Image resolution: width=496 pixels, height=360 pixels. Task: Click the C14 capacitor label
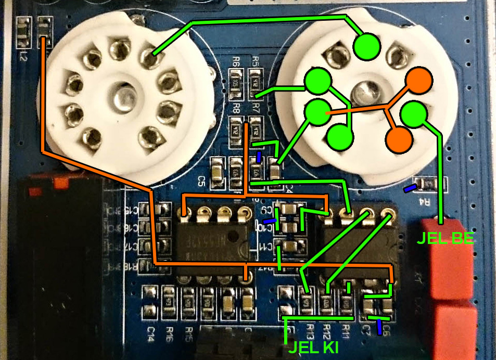click(x=151, y=331)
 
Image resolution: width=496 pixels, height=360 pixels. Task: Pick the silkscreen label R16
click(x=170, y=331)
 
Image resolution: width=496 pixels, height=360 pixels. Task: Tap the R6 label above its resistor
click(x=235, y=61)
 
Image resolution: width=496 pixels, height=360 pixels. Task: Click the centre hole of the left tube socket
click(x=121, y=97)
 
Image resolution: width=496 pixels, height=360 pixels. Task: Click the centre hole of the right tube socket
click(x=361, y=94)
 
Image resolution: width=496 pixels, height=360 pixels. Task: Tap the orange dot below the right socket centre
click(x=398, y=139)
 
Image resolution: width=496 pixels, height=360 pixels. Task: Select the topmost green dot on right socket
click(x=366, y=47)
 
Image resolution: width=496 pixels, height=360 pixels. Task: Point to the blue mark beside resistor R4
click(x=411, y=187)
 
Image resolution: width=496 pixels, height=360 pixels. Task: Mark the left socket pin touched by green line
click(x=150, y=60)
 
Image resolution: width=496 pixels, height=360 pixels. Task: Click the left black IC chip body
click(x=214, y=239)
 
